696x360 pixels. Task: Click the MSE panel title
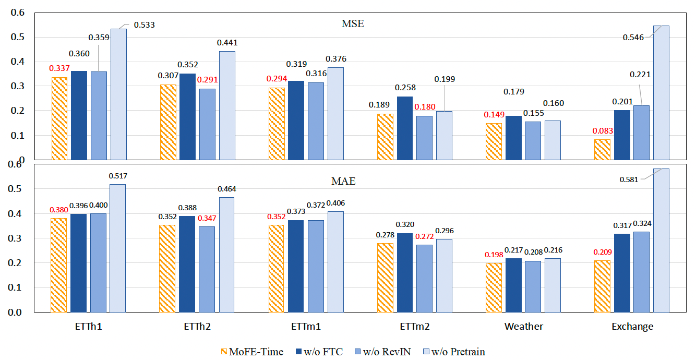click(x=353, y=23)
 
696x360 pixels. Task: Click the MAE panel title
click(x=343, y=181)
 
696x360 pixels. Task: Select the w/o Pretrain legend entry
click(x=454, y=352)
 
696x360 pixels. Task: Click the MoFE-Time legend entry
click(x=252, y=352)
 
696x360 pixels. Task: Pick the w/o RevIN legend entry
click(x=383, y=352)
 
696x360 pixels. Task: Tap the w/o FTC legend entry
click(x=319, y=352)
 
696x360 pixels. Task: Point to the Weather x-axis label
click(x=523, y=327)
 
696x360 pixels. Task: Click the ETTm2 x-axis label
click(x=414, y=327)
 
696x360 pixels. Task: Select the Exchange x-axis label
click(x=632, y=327)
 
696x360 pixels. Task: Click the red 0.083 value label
click(x=603, y=131)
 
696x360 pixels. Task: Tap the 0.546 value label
click(x=633, y=38)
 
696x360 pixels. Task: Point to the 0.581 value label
click(x=629, y=179)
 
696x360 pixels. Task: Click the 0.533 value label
click(x=144, y=25)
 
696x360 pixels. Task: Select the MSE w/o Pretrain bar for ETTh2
click(x=227, y=105)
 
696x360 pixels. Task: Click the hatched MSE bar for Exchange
click(x=602, y=150)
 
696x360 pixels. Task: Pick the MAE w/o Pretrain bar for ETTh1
click(x=118, y=248)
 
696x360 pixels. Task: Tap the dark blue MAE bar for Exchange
click(x=622, y=273)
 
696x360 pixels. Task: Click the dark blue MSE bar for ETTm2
click(x=405, y=128)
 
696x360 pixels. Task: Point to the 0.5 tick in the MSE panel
click(x=18, y=37)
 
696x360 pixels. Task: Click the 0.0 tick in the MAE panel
click(x=15, y=312)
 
